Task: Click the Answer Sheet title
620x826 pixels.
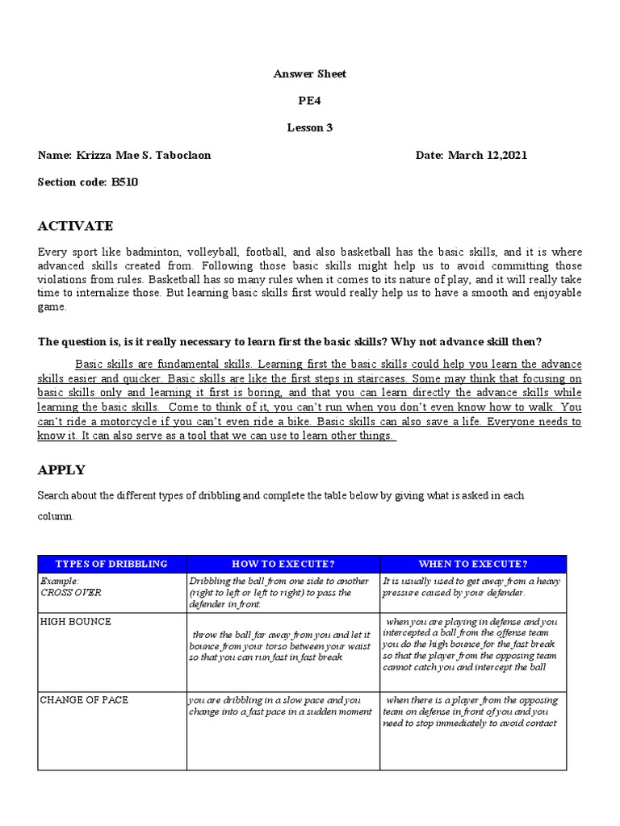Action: pos(310,74)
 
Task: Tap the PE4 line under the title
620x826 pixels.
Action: pos(310,101)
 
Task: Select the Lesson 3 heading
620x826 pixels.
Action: pos(310,127)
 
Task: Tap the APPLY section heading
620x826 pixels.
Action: pos(61,469)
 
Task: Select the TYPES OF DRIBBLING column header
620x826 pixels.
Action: pos(111,564)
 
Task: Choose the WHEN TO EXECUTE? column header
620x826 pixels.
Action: pos(473,564)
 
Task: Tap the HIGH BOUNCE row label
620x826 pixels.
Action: pos(76,622)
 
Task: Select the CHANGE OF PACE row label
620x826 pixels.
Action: pos(84,699)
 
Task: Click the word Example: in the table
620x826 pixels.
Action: pos(60,581)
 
